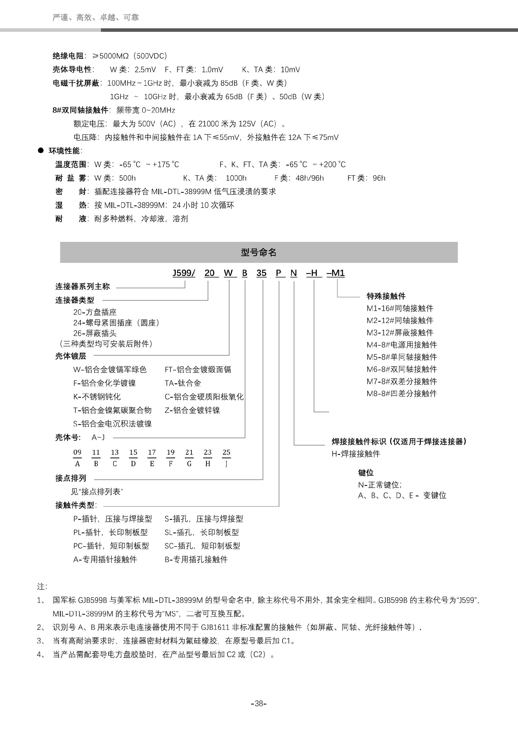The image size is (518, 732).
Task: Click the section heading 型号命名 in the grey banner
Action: tap(258, 253)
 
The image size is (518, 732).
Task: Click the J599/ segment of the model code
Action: tap(184, 273)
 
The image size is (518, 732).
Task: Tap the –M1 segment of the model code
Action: tap(336, 273)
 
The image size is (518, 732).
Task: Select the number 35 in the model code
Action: tap(261, 273)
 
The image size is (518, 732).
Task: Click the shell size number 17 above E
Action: tap(152, 452)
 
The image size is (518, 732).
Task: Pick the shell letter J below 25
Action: tap(226, 464)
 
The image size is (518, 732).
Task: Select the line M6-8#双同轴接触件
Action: tap(401, 369)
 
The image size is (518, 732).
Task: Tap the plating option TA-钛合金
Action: tap(183, 383)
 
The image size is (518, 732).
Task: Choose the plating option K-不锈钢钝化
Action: tap(97, 397)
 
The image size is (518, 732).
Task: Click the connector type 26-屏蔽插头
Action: tap(95, 333)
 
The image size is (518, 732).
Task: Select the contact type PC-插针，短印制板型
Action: tap(111, 546)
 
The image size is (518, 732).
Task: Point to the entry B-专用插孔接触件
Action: tap(196, 559)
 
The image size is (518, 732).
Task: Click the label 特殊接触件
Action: tap(386, 296)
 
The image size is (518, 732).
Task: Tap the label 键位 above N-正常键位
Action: tap(366, 472)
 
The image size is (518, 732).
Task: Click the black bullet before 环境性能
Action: tap(41, 150)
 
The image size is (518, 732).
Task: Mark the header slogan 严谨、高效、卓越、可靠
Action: tap(95, 17)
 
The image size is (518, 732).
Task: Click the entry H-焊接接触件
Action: tap(356, 454)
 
